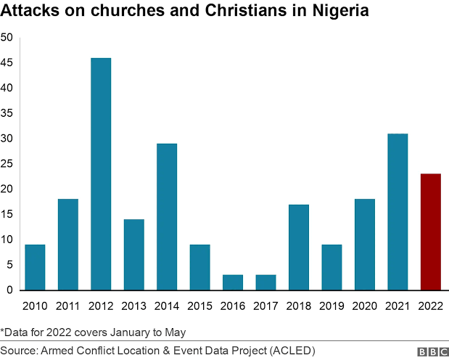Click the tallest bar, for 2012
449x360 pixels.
tap(101, 174)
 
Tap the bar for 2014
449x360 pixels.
tap(167, 217)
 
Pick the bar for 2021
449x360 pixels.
tap(397, 212)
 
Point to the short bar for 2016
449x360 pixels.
tap(233, 282)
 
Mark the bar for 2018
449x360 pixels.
tap(299, 247)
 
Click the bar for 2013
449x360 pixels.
tap(134, 255)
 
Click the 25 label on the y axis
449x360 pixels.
tap(7, 164)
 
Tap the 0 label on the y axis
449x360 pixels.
tap(10, 290)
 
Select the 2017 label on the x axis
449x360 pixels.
tap(265, 306)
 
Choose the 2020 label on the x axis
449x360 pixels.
tap(365, 306)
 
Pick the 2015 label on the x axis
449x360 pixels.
tap(199, 306)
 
